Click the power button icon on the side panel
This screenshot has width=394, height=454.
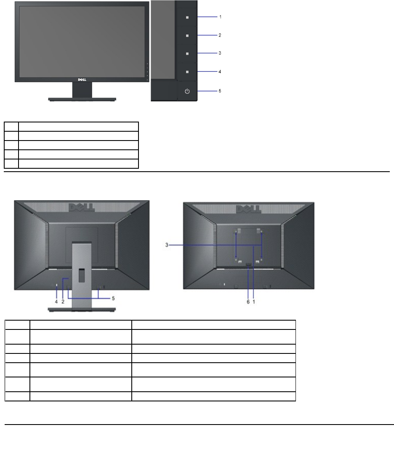pos(187,91)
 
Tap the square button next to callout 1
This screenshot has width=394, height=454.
pos(187,17)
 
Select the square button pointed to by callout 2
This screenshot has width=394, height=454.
pos(187,36)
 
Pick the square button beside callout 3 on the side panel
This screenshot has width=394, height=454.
pos(187,53)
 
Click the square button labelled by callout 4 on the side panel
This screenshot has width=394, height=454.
pos(187,72)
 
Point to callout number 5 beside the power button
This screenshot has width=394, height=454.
pos(220,91)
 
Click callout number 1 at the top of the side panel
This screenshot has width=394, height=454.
pos(220,17)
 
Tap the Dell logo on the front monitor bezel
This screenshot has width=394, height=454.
pos(82,80)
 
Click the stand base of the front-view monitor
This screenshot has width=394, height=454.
pos(82,99)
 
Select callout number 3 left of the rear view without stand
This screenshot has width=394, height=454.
pos(167,245)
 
